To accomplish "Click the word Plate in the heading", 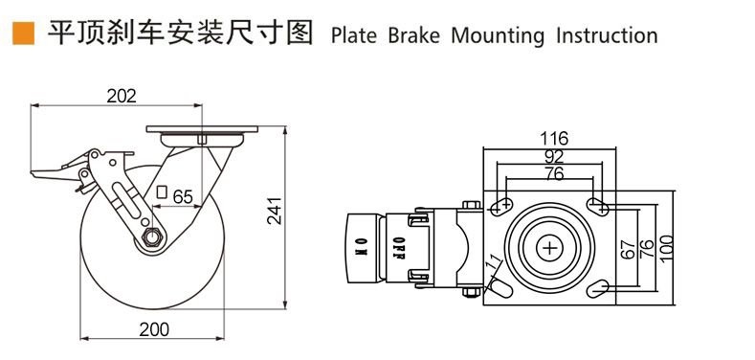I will (354, 36).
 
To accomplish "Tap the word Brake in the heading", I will (413, 36).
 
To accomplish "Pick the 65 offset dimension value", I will (182, 196).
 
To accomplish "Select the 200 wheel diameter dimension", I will (152, 328).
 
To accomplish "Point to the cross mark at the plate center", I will (549, 247).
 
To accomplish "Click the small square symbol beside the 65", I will (162, 191).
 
